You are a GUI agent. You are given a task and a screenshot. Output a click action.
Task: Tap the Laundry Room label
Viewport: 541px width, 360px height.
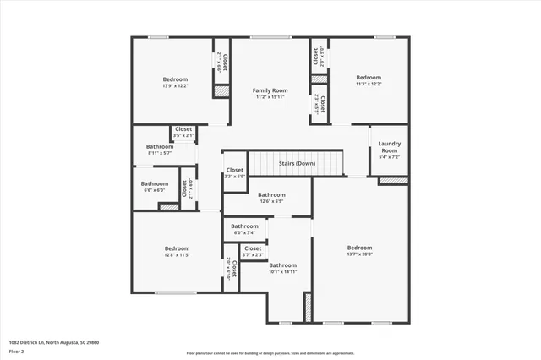(x=389, y=146)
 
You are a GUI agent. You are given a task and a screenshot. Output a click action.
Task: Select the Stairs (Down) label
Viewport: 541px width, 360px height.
(x=296, y=163)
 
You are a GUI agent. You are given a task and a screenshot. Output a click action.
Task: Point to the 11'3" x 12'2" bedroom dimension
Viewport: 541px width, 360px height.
(x=368, y=84)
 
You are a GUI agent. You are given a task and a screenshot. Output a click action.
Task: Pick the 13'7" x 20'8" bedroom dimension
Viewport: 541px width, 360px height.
(x=359, y=254)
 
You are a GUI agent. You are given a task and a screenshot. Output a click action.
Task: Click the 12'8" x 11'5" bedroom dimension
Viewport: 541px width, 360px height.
(x=177, y=254)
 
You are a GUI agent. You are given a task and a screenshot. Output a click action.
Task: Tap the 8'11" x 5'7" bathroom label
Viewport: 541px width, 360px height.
(x=160, y=153)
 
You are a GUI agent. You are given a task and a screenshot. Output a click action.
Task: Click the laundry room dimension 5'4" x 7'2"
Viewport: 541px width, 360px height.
(x=389, y=157)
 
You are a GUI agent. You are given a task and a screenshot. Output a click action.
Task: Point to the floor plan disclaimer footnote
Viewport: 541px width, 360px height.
(x=270, y=352)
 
